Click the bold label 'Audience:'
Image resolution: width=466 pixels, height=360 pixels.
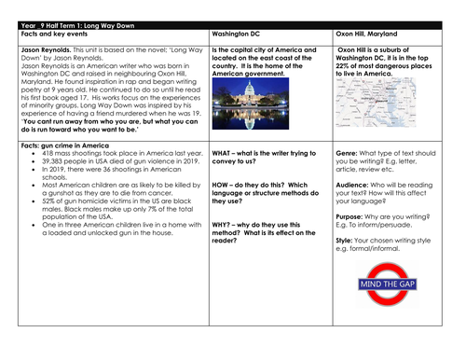pos(353,184)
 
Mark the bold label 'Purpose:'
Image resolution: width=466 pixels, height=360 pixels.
pos(352,216)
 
